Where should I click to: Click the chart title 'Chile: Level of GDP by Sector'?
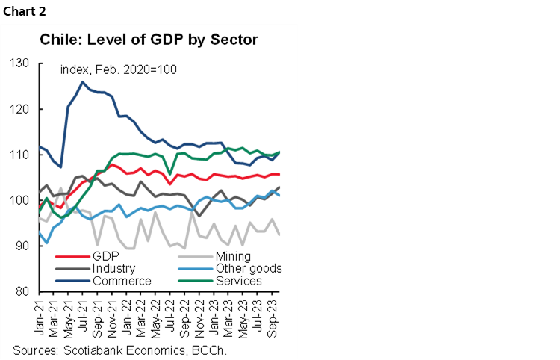click(149, 40)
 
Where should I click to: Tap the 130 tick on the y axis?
click(20, 63)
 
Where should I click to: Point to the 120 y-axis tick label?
click(20, 109)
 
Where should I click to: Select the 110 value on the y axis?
click(20, 155)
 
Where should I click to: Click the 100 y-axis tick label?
click(20, 200)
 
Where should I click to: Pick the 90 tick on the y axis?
click(23, 246)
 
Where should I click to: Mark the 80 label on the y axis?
click(23, 291)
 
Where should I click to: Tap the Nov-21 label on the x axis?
click(112, 314)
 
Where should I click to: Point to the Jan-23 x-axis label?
click(214, 314)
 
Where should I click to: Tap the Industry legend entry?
click(114, 269)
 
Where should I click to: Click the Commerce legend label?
click(121, 281)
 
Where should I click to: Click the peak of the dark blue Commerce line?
click(82, 82)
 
